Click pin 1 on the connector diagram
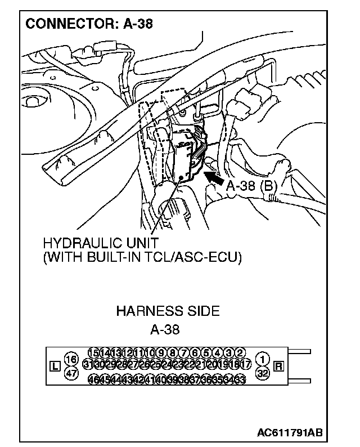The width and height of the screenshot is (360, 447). point(262,359)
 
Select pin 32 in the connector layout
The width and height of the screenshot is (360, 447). point(262,372)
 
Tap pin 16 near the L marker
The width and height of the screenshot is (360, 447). point(71,359)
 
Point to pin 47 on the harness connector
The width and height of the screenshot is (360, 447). point(71,372)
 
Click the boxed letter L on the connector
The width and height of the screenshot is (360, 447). point(55,366)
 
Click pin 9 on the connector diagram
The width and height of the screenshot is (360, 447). point(161,353)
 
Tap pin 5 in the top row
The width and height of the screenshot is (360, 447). point(206,353)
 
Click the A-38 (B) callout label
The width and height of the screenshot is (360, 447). point(250,186)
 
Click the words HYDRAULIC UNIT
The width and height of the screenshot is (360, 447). point(95,245)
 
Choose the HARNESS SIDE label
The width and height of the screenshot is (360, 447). point(168,311)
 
